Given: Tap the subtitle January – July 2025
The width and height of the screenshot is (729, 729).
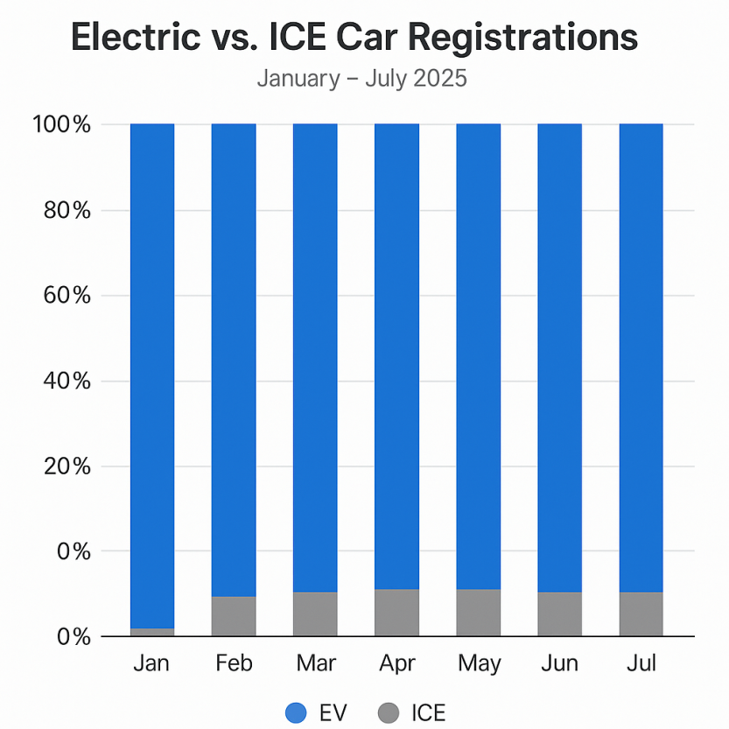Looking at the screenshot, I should pos(361,79).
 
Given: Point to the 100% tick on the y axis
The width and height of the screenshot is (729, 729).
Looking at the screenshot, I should pos(61,124).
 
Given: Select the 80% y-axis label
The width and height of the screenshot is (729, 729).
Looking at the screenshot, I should pos(66,210).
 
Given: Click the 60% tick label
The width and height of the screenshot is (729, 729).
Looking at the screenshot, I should pos(66,295).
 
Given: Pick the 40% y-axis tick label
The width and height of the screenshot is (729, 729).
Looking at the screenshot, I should pos(66,381).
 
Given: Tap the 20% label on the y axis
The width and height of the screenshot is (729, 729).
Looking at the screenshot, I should pos(66,466).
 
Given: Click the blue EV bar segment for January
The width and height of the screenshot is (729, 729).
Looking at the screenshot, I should pos(152,376).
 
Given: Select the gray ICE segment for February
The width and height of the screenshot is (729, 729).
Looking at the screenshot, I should pos(234,616).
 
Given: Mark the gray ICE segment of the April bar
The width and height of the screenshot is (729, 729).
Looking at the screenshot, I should pos(396,613).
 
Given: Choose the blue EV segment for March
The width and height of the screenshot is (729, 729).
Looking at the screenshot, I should pos(315,359).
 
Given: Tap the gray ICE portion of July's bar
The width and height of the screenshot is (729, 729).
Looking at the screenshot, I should pos(641,614).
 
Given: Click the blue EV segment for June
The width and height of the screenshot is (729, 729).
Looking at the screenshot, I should pos(559,359).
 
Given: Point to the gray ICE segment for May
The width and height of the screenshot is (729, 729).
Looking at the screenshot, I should pos(479,613).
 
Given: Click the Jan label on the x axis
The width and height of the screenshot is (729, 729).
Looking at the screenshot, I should pos(152,663).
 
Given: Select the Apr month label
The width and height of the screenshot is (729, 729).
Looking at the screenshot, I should pos(396,663).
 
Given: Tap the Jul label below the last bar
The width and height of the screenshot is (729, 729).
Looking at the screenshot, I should pos(641,663).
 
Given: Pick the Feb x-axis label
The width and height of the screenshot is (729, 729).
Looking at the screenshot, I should pos(234,663).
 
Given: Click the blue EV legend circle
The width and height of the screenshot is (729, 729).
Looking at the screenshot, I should pos(297,713).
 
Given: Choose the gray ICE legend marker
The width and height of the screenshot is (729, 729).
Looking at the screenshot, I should pos(388,713).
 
